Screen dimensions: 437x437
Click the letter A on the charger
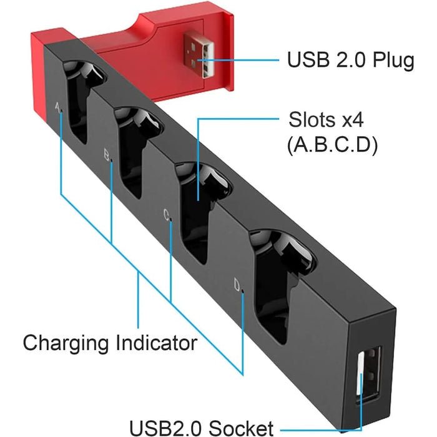click(58, 107)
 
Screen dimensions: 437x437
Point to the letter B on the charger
click(107, 152)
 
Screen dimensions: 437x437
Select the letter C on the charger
click(166, 214)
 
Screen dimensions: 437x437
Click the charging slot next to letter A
click(81, 100)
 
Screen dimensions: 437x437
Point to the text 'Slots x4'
click(331, 119)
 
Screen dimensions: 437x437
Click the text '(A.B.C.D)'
click(331, 145)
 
